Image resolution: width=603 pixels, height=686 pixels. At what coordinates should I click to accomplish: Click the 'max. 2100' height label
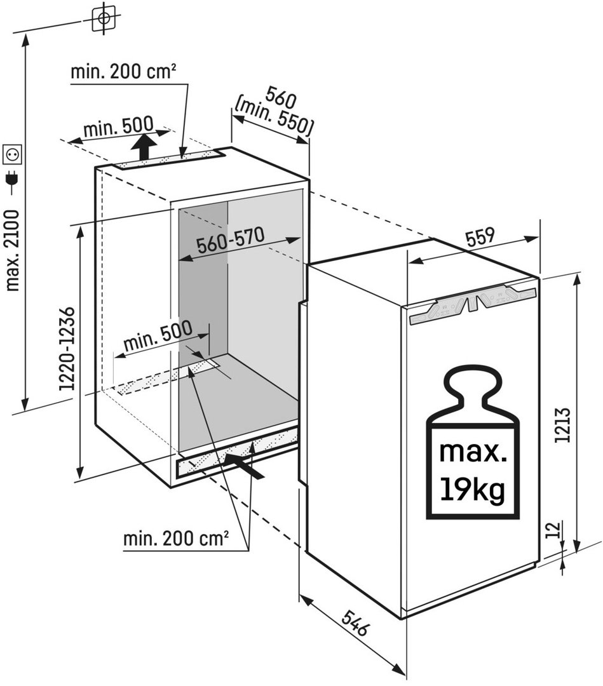coord(13,251)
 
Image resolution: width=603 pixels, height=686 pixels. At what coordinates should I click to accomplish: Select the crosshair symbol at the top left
coord(104,18)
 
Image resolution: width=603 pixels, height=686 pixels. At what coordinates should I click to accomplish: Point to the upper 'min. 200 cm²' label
coord(123,71)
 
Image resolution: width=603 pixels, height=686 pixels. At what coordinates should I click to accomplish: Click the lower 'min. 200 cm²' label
coord(176,538)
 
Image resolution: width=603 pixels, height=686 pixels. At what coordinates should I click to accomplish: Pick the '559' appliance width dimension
coord(480,237)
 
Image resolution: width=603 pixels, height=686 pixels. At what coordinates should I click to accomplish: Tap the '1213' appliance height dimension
coord(562,425)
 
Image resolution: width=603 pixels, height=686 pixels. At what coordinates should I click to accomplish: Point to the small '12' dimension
coord(553,529)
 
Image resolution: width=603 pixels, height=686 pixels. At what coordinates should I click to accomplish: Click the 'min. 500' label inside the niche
coord(158,335)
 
